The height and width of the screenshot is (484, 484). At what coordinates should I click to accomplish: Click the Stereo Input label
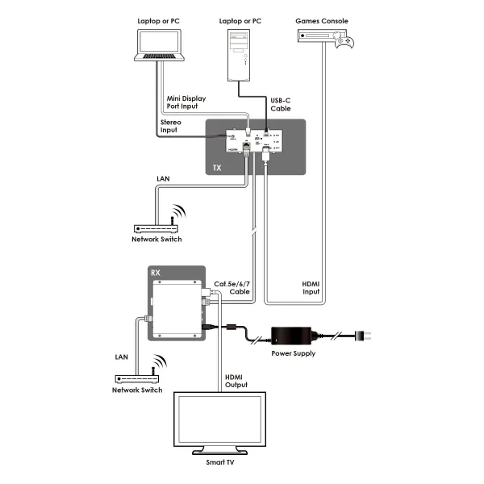coord(170,126)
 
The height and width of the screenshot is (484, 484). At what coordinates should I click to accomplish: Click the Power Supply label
coord(294,353)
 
